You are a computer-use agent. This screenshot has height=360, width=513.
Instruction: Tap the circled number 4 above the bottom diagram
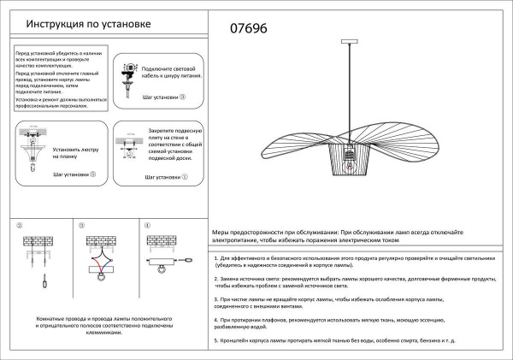147,227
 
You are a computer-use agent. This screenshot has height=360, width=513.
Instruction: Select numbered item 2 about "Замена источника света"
355,284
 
